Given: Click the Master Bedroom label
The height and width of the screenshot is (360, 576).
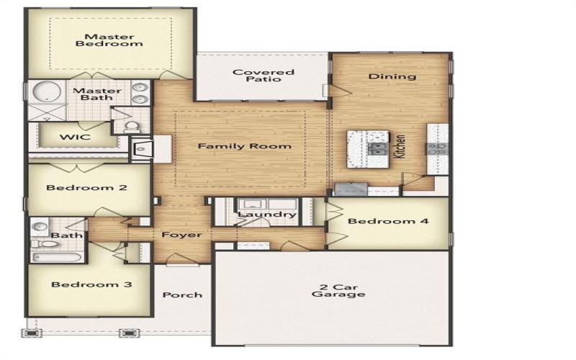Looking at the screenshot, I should pos(109,40).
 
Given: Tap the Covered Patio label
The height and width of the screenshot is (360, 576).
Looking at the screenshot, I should pos(263,76).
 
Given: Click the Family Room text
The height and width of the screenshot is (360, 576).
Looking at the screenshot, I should pos(245,146).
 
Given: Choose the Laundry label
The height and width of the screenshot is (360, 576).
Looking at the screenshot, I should pos(266,215).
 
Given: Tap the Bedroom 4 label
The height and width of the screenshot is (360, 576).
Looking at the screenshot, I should pos(388,221).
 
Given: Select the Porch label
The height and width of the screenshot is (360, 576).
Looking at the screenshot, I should pos(182,294).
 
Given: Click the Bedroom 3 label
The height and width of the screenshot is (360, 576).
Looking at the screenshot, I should pos(91,284).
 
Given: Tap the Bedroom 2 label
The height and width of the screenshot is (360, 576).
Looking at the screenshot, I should pos(86,188).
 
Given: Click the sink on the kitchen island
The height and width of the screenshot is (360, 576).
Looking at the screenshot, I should pos(377,148).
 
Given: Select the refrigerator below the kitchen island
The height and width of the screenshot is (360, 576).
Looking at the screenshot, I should pos(350,189).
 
